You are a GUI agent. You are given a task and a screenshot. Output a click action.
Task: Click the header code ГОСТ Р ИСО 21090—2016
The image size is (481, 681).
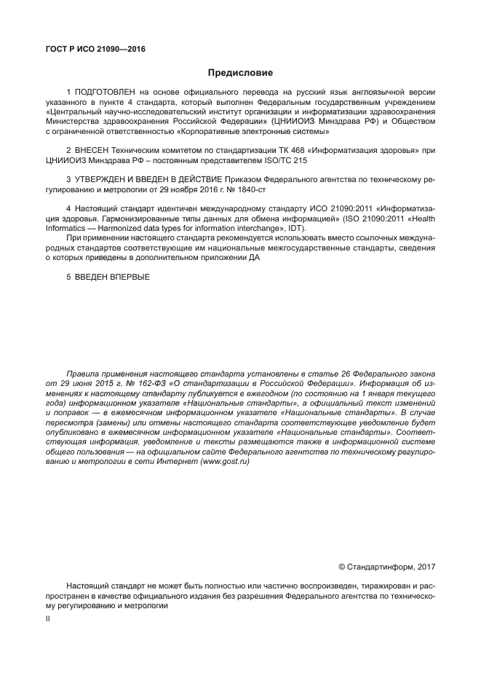95,49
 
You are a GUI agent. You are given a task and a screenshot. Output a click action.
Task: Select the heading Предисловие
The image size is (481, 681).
240,73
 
